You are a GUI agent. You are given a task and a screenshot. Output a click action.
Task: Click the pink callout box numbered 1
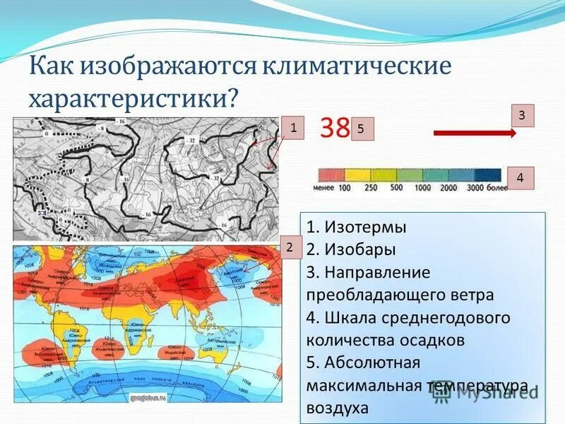point(292,127)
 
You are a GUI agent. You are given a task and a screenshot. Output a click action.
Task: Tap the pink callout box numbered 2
point(289,247)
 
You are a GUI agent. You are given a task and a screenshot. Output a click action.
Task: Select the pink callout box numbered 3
point(522,114)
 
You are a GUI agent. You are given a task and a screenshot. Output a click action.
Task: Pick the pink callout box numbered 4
point(521,178)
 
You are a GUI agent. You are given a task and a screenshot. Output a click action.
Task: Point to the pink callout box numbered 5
point(361,129)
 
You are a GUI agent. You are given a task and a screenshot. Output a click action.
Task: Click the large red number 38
point(335,128)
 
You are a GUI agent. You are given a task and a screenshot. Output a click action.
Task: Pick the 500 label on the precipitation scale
point(396,188)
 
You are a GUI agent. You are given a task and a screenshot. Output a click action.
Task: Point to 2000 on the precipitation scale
point(448,188)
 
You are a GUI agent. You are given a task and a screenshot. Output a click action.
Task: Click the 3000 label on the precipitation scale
point(476,188)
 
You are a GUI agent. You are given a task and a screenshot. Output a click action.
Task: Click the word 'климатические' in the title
point(357,69)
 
